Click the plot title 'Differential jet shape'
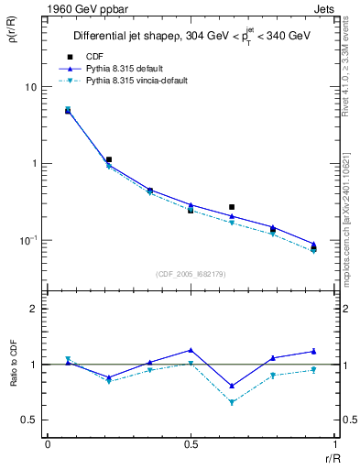coord(131,37)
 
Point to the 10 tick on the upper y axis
coord(30,87)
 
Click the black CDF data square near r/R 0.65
coord(232,207)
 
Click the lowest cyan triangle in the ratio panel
coord(232,402)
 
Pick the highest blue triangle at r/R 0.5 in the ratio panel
coord(191,350)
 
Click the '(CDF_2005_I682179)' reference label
coord(190,273)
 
